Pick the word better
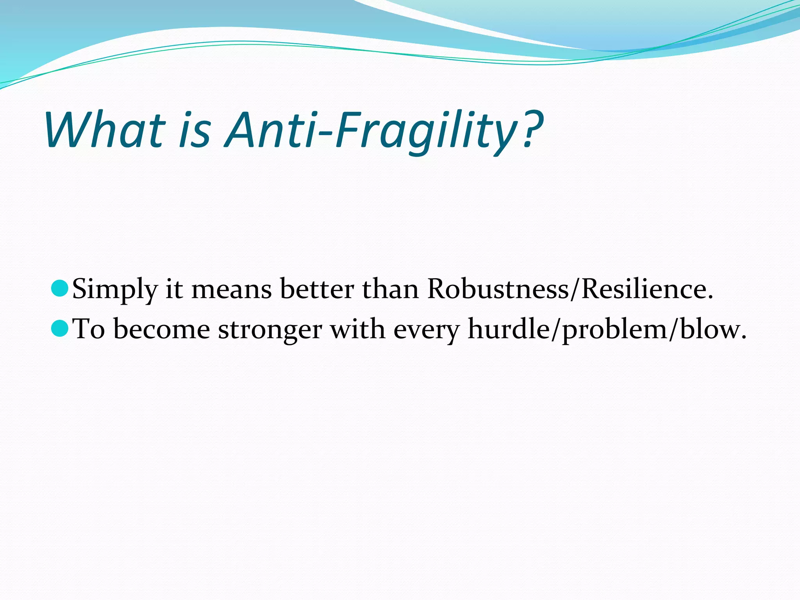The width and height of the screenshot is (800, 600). [317, 289]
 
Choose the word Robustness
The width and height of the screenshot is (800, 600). [498, 289]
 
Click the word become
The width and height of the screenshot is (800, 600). [162, 329]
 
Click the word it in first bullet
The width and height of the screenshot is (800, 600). [174, 289]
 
